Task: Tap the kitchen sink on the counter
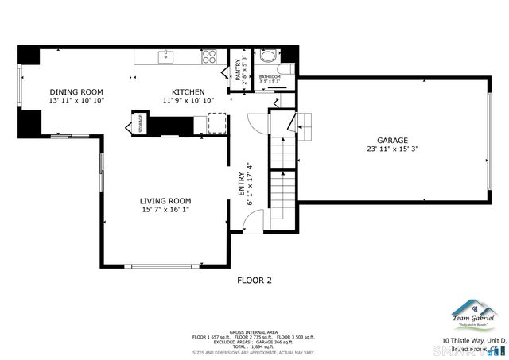tap(167, 56)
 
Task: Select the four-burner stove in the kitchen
tap(209, 56)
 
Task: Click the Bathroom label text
tap(270, 76)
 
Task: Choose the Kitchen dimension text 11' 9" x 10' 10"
tap(188, 101)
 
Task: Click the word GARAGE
tap(393, 139)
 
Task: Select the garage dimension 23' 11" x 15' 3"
tap(393, 149)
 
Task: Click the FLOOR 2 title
tap(254, 280)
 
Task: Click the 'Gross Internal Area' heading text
tap(254, 331)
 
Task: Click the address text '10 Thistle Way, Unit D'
tap(474, 340)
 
